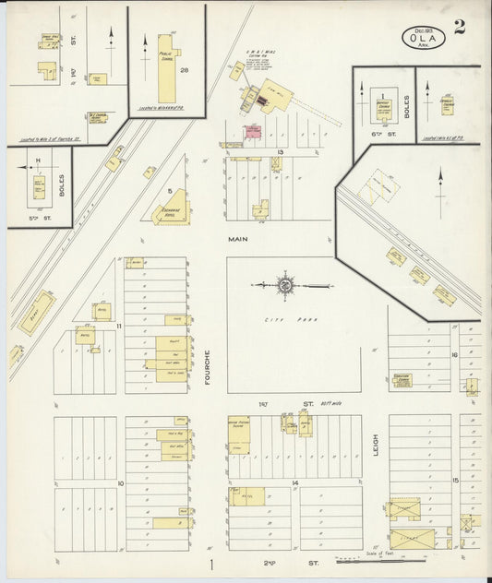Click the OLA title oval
pos(424,38)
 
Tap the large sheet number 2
pos(459,27)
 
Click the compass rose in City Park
pos(285,286)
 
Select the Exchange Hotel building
pos(170,209)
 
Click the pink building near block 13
pos(252,133)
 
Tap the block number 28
pos(185,70)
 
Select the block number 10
pos(119,482)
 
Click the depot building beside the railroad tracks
pos(37,311)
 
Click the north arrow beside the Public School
pos(145,46)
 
